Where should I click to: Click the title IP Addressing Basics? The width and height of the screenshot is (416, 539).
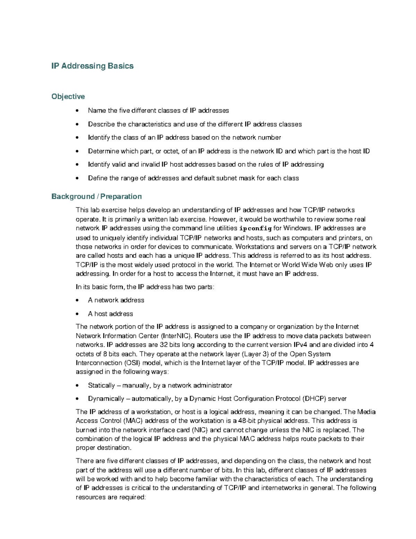(92, 66)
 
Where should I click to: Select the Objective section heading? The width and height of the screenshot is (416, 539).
(68, 96)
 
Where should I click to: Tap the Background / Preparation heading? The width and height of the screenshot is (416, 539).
(96, 196)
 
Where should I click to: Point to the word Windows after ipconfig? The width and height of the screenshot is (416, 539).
(297, 228)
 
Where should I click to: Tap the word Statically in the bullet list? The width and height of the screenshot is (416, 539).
(101, 385)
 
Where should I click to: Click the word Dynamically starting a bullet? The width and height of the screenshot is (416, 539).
(106, 399)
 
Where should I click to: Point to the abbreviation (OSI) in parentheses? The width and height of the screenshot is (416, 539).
(133, 363)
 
